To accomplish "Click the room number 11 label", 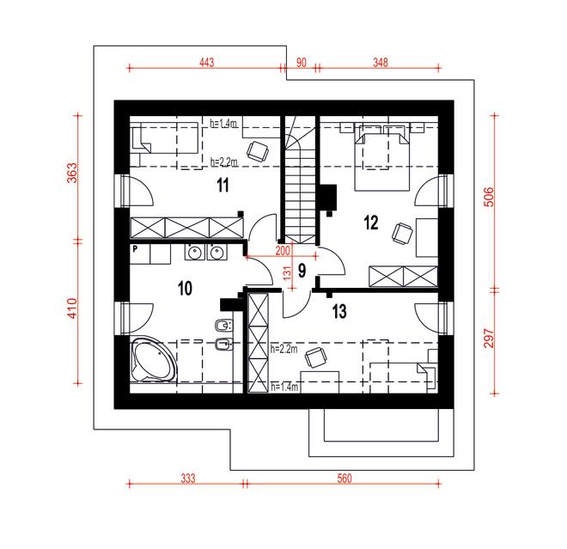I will click(x=221, y=184).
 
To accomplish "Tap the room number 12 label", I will click(x=370, y=223).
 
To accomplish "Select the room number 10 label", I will click(x=185, y=287).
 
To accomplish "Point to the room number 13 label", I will click(x=338, y=311).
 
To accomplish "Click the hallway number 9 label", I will click(x=302, y=271).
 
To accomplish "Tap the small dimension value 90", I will click(x=302, y=62).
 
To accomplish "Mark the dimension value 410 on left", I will click(x=72, y=309).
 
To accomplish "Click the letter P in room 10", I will click(x=136, y=249).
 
